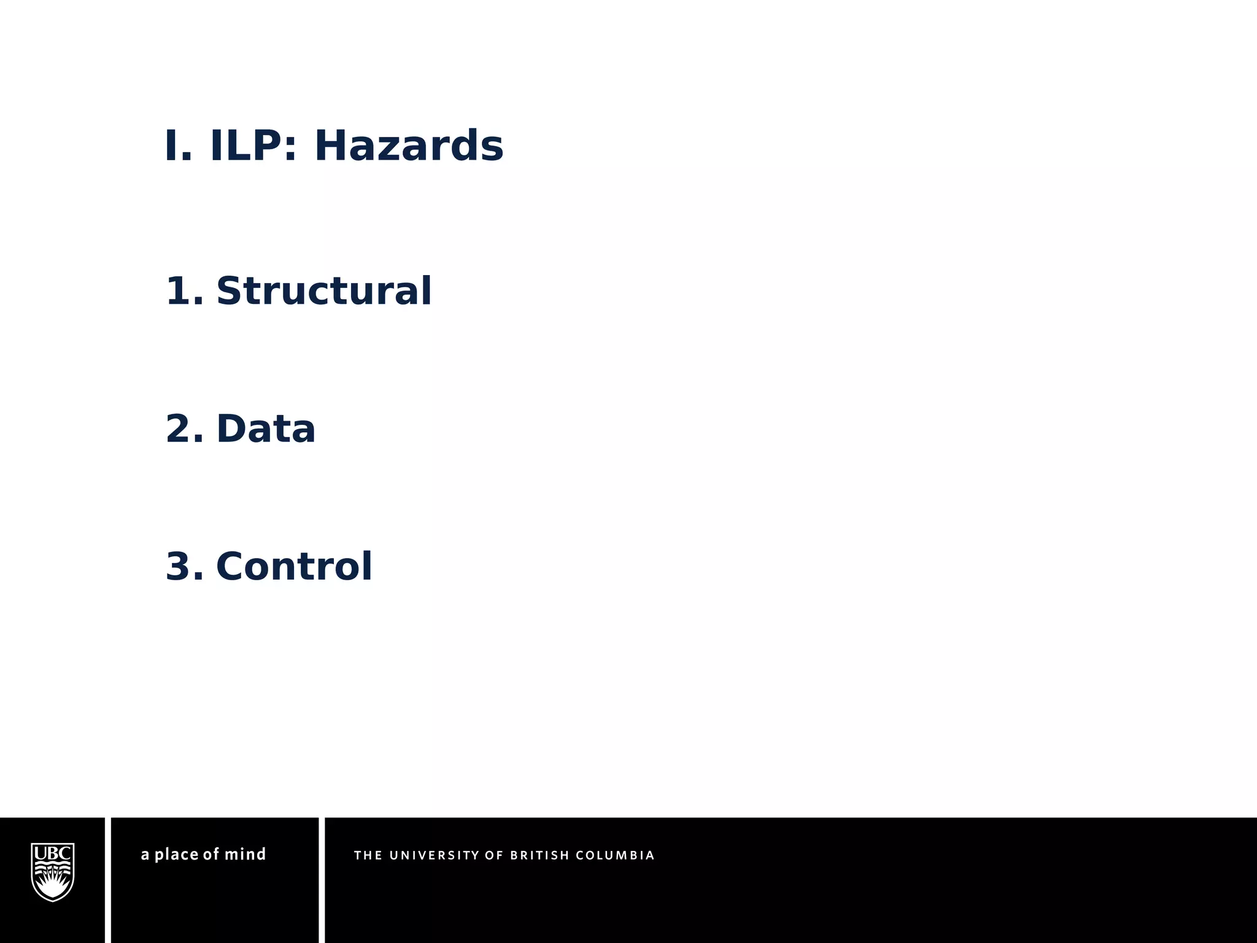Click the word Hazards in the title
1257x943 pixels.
tap(409, 146)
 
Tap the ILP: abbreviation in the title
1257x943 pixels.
tap(253, 146)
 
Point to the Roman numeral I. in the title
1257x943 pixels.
tap(179, 146)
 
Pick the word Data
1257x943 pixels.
tap(266, 429)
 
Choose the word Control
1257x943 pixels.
tap(294, 566)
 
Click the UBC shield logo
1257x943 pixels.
tap(53, 872)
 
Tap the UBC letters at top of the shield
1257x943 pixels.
tap(53, 853)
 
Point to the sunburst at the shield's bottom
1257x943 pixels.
tap(53, 888)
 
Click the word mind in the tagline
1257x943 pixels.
tap(245, 854)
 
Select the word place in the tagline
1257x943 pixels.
tap(176, 854)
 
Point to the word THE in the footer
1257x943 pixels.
tap(368, 855)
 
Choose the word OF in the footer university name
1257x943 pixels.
tap(494, 855)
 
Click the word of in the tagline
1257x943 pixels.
tap(211, 854)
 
